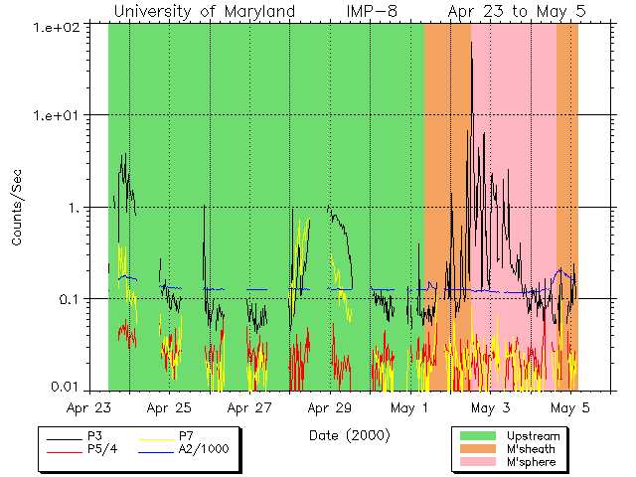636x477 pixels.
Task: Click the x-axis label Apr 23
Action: (x=88, y=407)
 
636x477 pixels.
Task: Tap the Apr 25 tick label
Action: (x=169, y=407)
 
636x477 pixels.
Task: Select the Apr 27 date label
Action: (x=249, y=407)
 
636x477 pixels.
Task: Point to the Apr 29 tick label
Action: (x=329, y=407)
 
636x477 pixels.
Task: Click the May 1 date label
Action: (x=409, y=407)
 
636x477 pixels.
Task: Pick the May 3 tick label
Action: (x=490, y=407)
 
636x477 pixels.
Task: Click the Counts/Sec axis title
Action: (x=18, y=208)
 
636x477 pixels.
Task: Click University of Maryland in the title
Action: (x=204, y=12)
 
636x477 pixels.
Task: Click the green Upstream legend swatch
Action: (x=478, y=435)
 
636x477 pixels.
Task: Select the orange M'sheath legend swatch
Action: (x=478, y=449)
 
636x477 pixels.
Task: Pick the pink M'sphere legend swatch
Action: (x=478, y=463)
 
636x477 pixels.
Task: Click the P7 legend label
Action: (x=186, y=436)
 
